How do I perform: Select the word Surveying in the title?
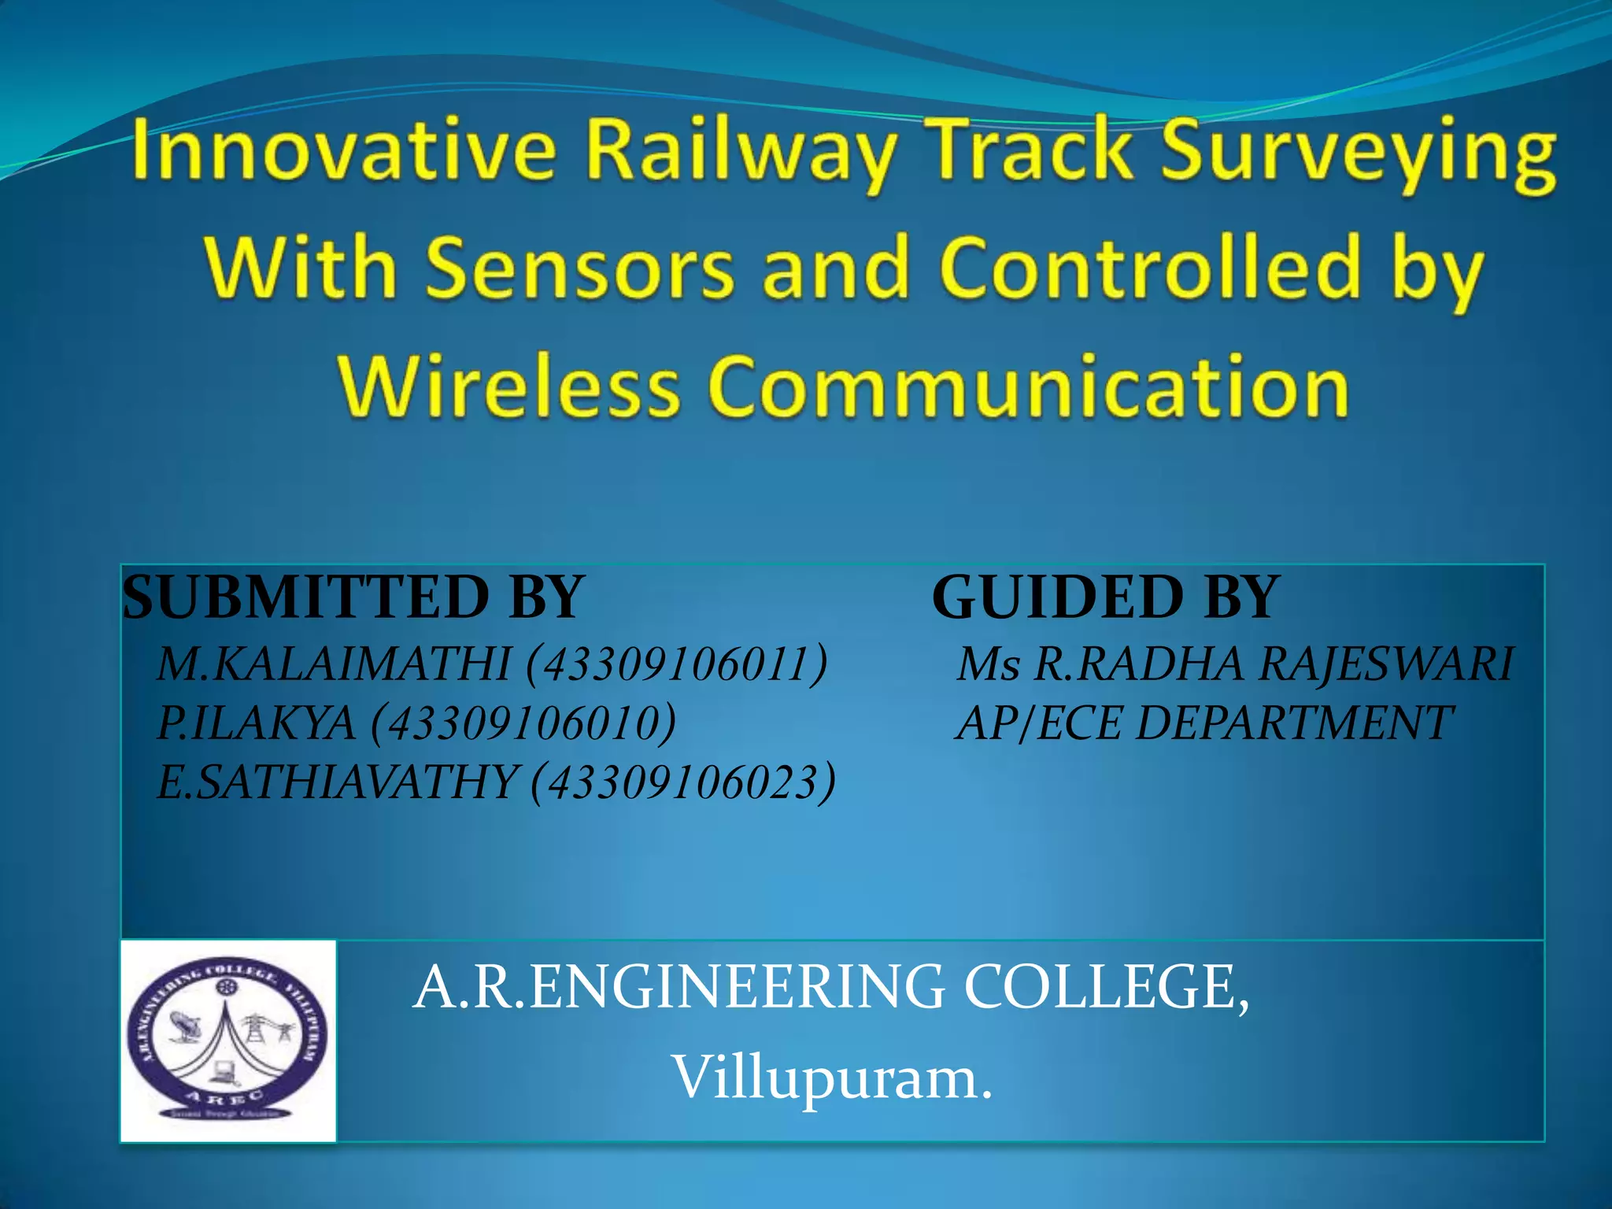[x=1358, y=153]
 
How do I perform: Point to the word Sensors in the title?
[x=581, y=269]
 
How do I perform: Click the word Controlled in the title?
[x=1150, y=269]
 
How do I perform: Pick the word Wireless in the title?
[x=508, y=386]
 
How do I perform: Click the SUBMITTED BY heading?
[x=353, y=597]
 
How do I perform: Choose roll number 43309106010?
[x=523, y=723]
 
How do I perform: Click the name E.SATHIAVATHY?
[x=337, y=783]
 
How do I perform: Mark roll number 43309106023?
[x=683, y=783]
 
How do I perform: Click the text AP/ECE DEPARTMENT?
[x=1203, y=723]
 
